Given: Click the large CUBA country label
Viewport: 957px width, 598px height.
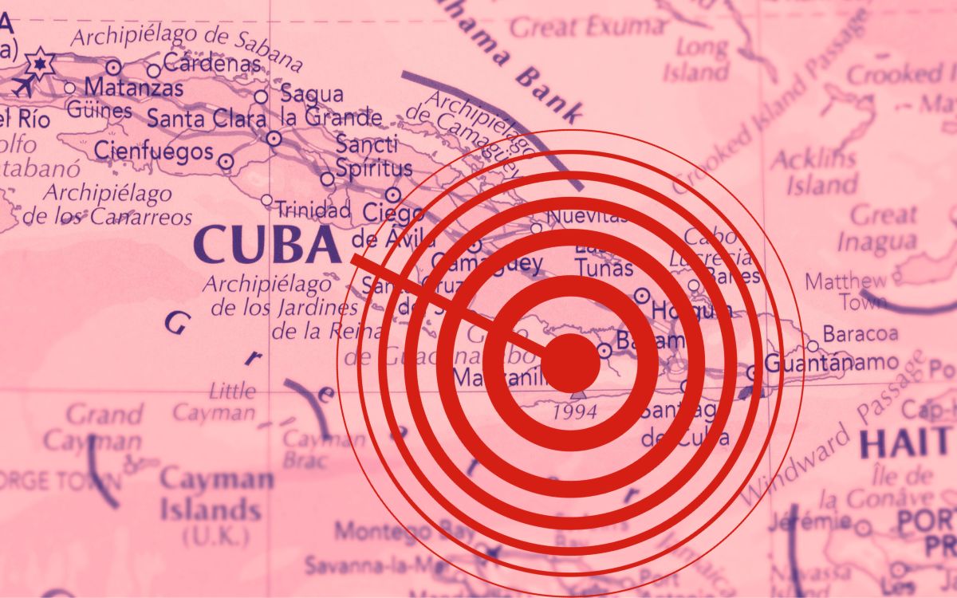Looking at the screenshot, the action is [266, 246].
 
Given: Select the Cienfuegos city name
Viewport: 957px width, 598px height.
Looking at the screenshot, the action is [154, 151].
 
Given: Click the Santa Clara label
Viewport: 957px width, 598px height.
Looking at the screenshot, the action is [207, 120].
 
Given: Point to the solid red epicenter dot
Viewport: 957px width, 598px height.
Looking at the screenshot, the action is [570, 363].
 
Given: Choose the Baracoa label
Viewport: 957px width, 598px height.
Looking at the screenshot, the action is [860, 332].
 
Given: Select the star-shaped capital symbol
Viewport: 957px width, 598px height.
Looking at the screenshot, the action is [38, 61].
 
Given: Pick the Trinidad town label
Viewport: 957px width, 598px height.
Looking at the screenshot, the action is [313, 210].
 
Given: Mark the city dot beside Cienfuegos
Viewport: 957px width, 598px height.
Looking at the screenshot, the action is [226, 161].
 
